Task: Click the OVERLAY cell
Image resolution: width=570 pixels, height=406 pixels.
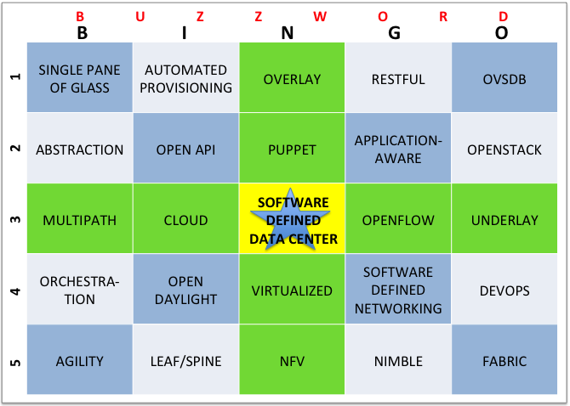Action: pos(292,77)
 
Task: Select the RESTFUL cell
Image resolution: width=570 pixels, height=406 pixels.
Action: pos(398,77)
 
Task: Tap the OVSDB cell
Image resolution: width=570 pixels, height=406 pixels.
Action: pos(504,77)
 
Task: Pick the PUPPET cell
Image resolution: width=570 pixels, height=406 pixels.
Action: pos(292,148)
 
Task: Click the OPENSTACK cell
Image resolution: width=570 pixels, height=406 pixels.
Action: pos(504,148)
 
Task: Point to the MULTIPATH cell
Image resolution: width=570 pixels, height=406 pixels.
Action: pos(80,218)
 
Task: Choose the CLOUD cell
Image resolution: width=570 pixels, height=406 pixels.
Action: pos(185,218)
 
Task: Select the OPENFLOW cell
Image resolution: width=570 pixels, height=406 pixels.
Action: pos(398,218)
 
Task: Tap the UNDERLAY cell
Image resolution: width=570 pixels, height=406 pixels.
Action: pos(504,218)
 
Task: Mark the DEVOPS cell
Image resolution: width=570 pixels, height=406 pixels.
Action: pos(504,289)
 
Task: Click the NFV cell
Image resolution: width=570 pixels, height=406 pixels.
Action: pos(292,359)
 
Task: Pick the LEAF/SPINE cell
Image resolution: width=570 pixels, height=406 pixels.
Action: pos(185,359)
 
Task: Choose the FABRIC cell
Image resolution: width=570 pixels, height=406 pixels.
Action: pos(504,359)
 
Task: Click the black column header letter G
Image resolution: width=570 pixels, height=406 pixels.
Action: pos(395,33)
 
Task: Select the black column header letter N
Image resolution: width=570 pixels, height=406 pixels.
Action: pos(288,33)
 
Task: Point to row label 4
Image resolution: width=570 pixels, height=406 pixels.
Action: pos(15,291)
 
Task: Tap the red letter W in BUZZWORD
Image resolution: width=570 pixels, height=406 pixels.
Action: pos(320,16)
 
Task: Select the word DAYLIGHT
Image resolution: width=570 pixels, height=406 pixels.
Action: pos(185,299)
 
